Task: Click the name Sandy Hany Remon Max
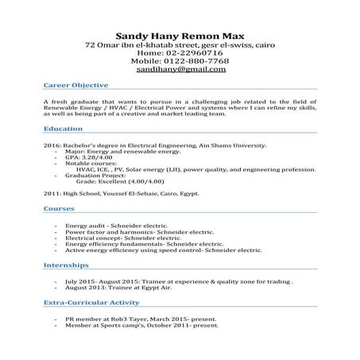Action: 180,36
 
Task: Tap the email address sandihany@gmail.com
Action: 180,69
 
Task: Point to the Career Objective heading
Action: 75,83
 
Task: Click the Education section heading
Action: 63,127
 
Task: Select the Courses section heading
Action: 60,207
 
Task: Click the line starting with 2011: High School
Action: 122,193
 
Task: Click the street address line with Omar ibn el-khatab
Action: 180,45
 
